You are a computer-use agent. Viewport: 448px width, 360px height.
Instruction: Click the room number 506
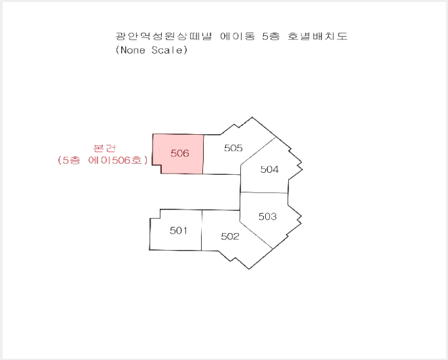point(179,153)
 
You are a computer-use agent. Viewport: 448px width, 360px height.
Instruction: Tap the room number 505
point(233,148)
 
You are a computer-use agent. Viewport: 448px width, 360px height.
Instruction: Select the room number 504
point(269,170)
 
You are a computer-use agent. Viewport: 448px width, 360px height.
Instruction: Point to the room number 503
point(267,217)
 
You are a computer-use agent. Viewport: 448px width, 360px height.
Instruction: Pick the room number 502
point(230,236)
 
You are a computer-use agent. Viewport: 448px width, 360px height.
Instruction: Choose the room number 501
point(179,230)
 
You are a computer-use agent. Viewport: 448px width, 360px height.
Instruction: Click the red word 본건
point(105,148)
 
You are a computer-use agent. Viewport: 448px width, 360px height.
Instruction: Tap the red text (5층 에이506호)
point(103,160)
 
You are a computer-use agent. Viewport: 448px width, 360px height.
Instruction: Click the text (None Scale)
point(151,50)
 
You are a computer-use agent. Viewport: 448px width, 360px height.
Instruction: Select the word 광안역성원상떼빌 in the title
point(164,36)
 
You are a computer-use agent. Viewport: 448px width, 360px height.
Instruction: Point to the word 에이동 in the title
point(238,36)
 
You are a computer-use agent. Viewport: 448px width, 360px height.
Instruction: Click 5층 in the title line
point(271,36)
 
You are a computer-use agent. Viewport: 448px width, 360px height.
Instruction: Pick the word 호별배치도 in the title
point(318,36)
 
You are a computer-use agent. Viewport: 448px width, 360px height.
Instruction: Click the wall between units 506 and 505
point(204,154)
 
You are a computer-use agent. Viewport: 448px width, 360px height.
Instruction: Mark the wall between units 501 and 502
point(202,230)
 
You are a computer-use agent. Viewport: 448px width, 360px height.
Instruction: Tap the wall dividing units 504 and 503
point(264,192)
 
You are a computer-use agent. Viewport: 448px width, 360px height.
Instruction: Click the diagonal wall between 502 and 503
point(256,235)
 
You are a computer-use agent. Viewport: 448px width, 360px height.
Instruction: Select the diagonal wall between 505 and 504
point(258,151)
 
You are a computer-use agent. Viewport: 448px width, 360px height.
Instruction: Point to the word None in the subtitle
point(132,50)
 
